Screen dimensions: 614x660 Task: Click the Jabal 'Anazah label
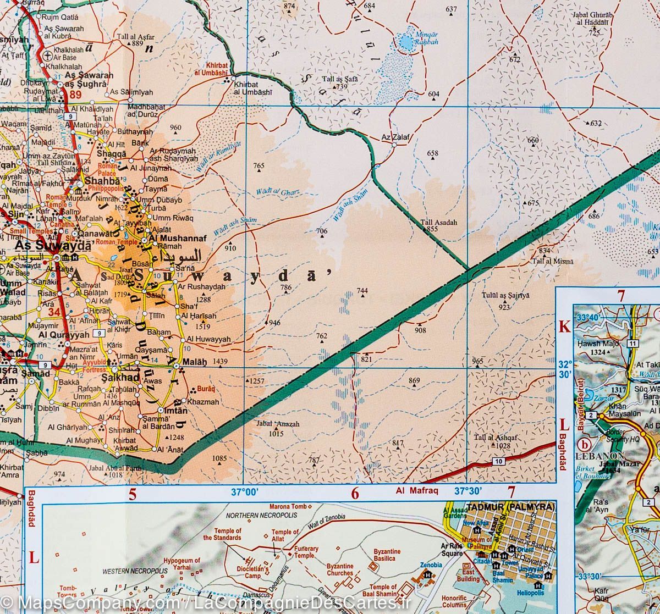[278, 424]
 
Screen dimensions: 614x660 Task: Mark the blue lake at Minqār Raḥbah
[406, 41]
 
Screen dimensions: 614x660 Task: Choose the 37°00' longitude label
[244, 491]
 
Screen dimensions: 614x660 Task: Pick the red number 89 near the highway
[75, 96]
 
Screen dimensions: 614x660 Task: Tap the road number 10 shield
[498, 462]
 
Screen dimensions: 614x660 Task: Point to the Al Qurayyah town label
[63, 334]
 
